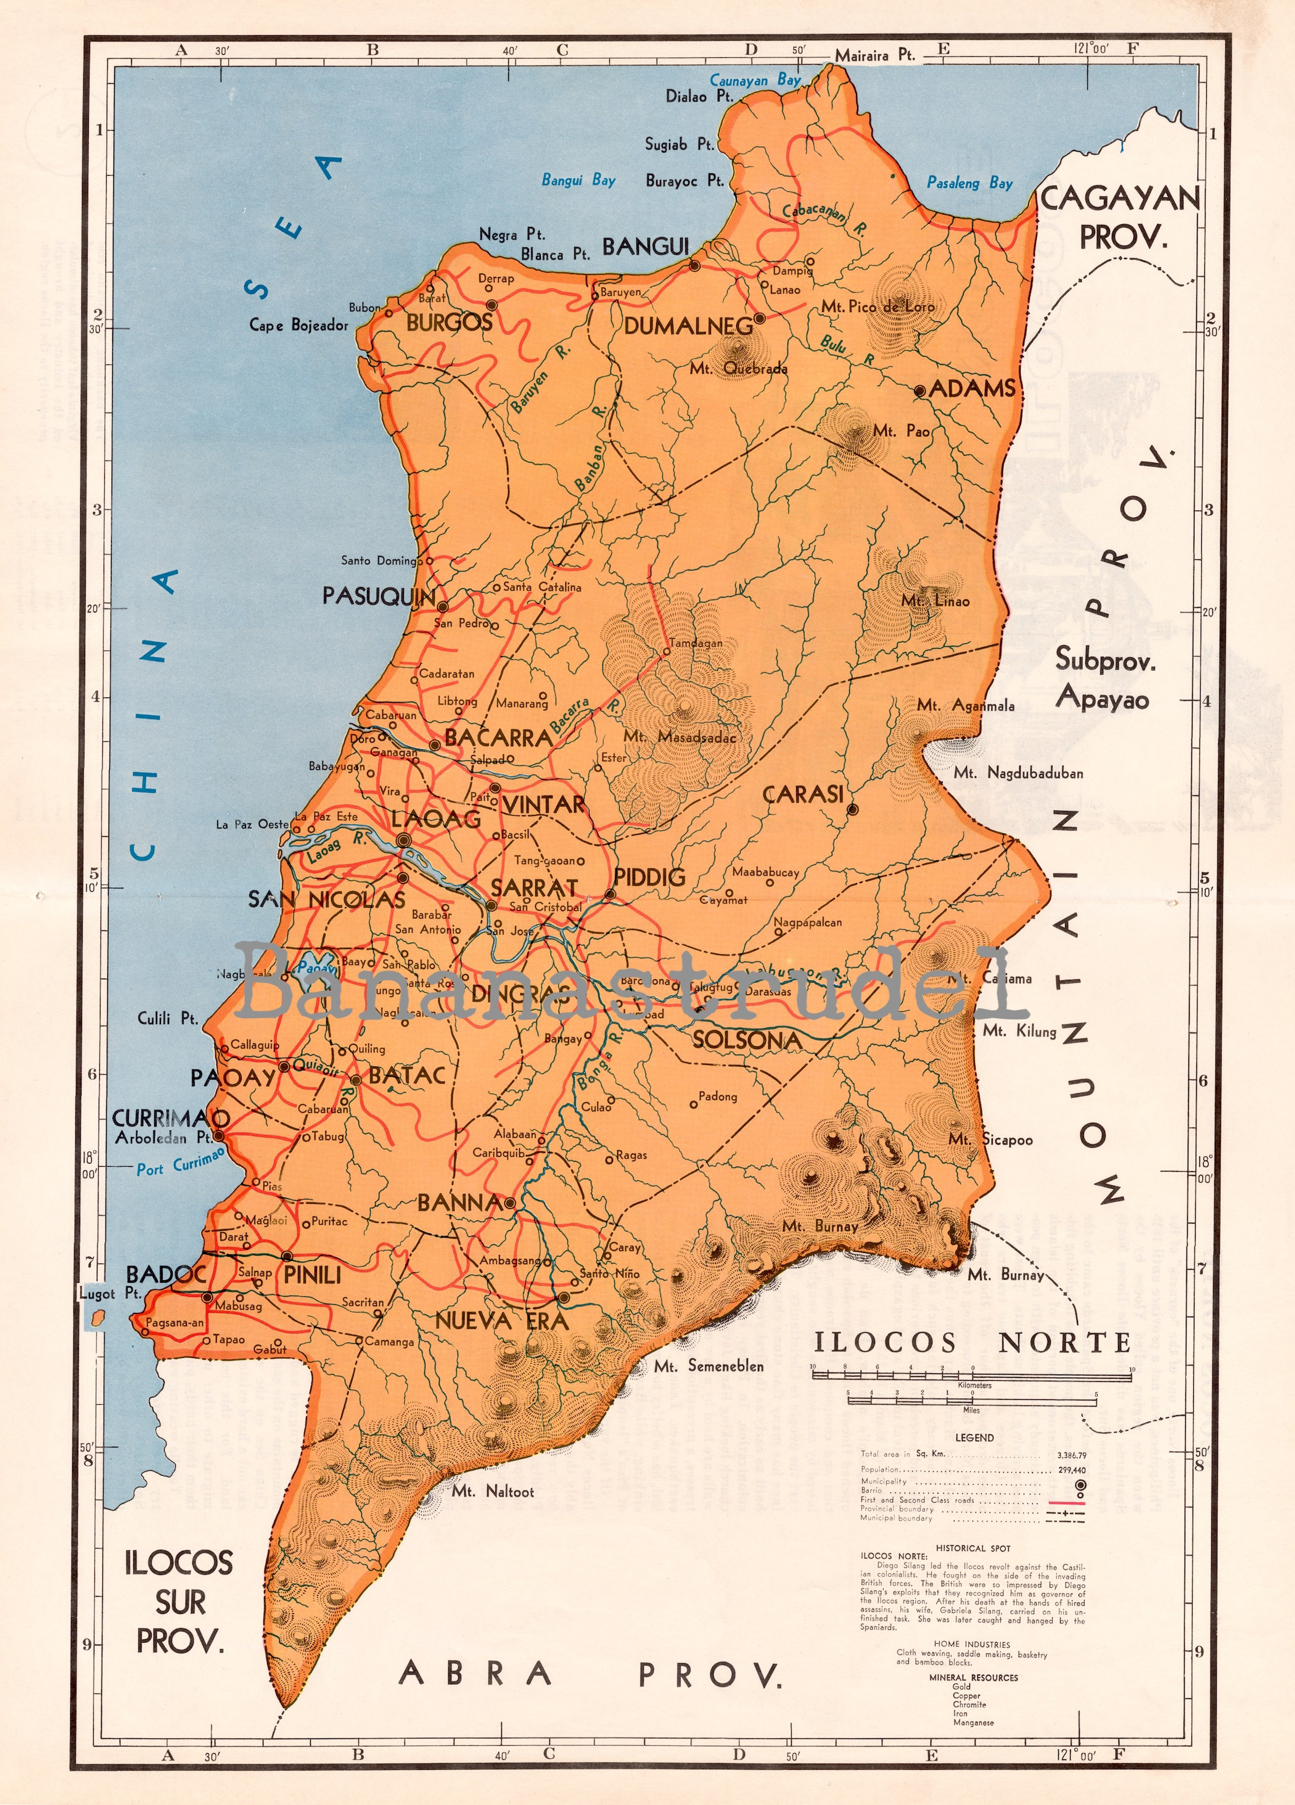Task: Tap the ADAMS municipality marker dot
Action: coord(919,391)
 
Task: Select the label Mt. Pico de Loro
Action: coord(878,306)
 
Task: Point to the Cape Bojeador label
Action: coord(298,325)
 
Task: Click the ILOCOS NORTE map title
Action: coord(972,1342)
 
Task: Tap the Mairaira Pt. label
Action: coord(874,56)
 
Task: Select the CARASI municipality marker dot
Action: coord(852,810)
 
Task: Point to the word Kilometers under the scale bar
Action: coord(974,1385)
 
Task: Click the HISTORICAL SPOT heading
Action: coord(972,1548)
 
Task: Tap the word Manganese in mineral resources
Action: coord(972,1723)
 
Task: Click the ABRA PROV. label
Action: coord(590,1674)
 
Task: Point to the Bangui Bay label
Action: coord(578,180)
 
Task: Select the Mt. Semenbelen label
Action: coord(709,1366)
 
